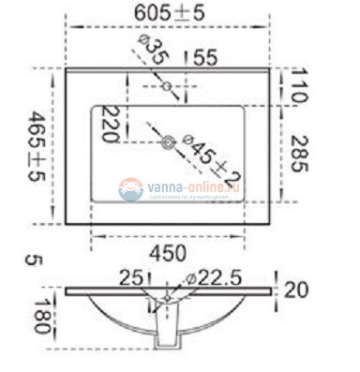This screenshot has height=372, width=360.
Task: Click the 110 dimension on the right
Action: click(x=299, y=85)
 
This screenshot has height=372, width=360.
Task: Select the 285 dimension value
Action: click(x=299, y=152)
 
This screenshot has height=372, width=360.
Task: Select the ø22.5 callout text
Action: click(x=215, y=278)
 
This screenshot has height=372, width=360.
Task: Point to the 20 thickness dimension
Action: click(x=295, y=290)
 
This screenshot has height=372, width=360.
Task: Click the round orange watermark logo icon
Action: click(x=130, y=190)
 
